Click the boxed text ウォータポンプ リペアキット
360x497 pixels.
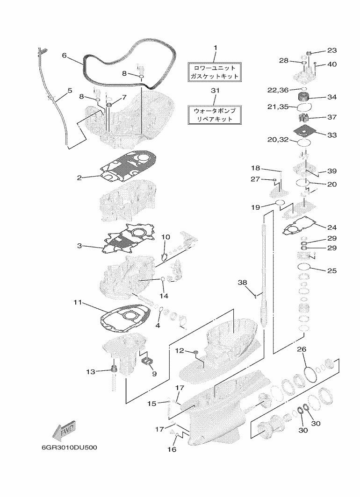[x=215, y=114]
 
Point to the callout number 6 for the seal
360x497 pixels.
[x=65, y=55]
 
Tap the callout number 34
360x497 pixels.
[x=332, y=97]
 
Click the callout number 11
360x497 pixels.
[x=78, y=303]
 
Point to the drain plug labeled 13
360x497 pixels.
[x=113, y=370]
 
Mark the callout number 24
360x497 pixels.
[x=332, y=228]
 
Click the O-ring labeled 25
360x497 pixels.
[x=304, y=267]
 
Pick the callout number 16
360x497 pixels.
[x=172, y=449]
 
